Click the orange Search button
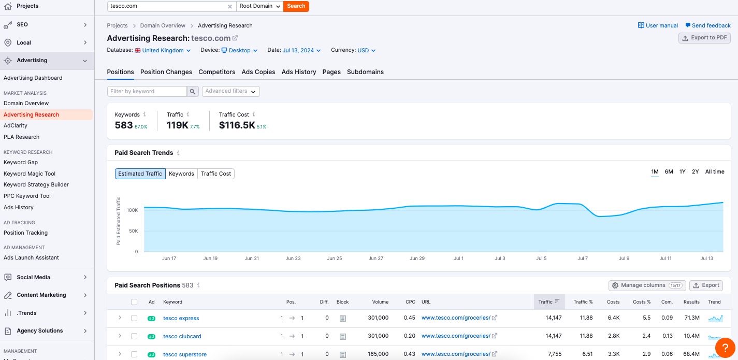click(x=296, y=6)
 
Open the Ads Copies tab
click(x=258, y=72)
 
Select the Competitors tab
click(x=216, y=72)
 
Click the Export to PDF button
click(x=704, y=38)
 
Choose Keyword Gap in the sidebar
click(x=21, y=162)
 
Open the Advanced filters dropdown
click(x=230, y=91)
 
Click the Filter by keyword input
click(x=147, y=91)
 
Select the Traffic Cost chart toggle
click(x=216, y=174)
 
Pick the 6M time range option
click(x=669, y=171)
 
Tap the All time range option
click(x=715, y=171)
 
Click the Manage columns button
click(x=647, y=285)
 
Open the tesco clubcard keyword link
click(x=182, y=336)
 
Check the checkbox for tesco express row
click(x=134, y=318)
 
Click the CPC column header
click(x=410, y=301)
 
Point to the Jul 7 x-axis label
click(x=583, y=258)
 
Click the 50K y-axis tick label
click(x=133, y=231)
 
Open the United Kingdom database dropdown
click(x=163, y=50)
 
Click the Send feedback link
click(x=708, y=25)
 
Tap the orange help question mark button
click(x=725, y=347)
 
